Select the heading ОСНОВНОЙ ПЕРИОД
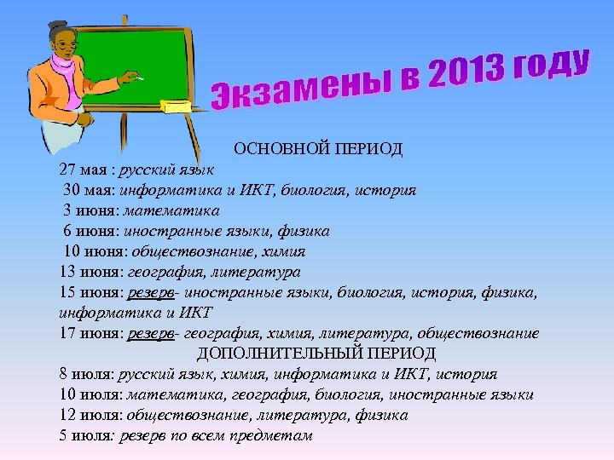pos(318,149)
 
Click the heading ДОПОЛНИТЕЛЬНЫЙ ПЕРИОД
pos(316,353)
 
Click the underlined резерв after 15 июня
pos(151,293)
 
